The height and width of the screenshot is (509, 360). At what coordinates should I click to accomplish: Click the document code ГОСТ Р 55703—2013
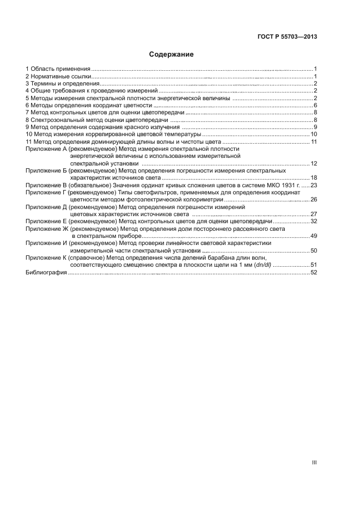coord(287,38)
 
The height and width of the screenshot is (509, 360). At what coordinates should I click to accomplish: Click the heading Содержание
coord(171,55)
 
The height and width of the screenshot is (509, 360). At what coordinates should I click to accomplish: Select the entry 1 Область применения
coord(58,69)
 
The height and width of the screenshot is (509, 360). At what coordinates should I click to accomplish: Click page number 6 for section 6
coord(315,105)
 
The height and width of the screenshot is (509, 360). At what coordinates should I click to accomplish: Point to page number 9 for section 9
coord(315,127)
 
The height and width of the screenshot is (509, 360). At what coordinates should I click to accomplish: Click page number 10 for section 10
coord(314,134)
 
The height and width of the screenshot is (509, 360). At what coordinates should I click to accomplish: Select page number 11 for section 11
coord(314,142)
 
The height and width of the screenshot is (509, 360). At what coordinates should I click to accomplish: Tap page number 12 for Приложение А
coord(314,163)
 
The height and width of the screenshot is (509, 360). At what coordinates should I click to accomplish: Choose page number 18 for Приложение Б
coord(314,178)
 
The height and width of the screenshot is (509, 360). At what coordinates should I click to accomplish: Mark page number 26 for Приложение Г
coord(314,200)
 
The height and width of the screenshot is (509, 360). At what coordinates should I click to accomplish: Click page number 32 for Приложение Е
coord(314,222)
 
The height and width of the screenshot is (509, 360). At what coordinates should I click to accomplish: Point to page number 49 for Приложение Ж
coord(314,236)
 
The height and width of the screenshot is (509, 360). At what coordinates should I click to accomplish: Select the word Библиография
coord(46,272)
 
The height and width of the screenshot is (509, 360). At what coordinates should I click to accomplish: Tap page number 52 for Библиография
coord(314,272)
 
